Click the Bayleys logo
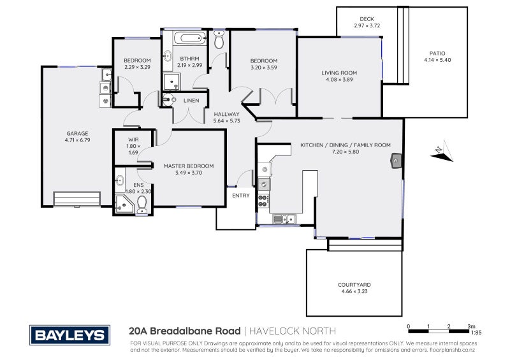[x=69, y=335]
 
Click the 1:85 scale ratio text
[x=476, y=333]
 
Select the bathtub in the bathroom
[x=190, y=38]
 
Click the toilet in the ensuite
[x=142, y=205]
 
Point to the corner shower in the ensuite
[x=124, y=204]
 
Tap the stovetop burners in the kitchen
[x=263, y=201]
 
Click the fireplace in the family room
[x=396, y=161]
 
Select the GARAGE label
[x=77, y=133]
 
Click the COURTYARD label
[x=354, y=285]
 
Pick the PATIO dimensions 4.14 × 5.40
[x=437, y=60]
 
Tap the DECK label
[x=367, y=19]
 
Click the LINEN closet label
[x=191, y=101]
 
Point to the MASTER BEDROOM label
[x=189, y=166]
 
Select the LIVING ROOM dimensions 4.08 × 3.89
[x=339, y=80]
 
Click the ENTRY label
[x=241, y=196]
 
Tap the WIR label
[x=133, y=140]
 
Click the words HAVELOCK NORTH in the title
[x=293, y=331]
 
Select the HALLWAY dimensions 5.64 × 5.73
[x=227, y=121]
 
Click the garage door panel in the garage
[x=76, y=199]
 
